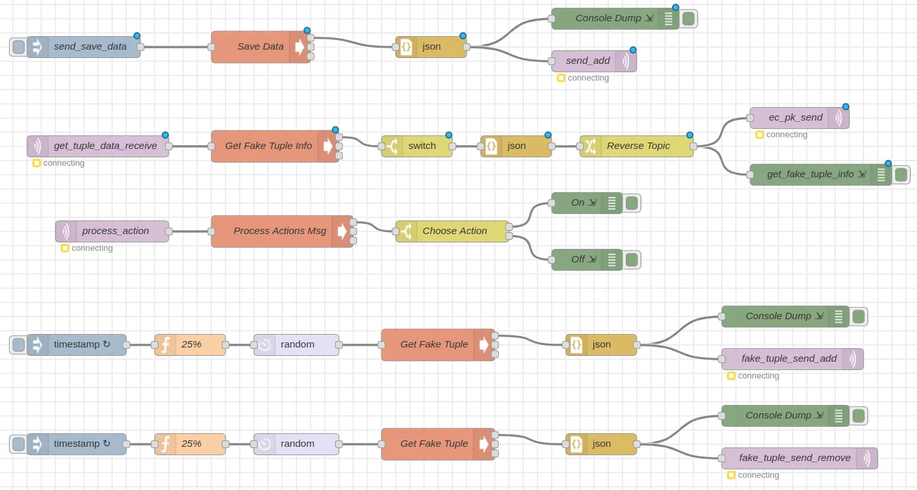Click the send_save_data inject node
tap(90, 47)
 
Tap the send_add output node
tap(588, 61)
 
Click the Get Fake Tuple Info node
tap(268, 146)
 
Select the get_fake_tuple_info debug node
tap(810, 175)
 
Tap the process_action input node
tap(115, 231)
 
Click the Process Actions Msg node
tap(280, 231)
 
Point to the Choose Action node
tap(454, 231)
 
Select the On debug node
tap(577, 203)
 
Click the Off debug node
tap(577, 260)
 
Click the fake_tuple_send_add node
tap(789, 359)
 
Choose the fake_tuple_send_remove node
tap(795, 458)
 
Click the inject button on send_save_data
tap(19, 47)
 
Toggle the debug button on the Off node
tap(632, 260)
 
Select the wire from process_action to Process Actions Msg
tap(190, 231)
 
